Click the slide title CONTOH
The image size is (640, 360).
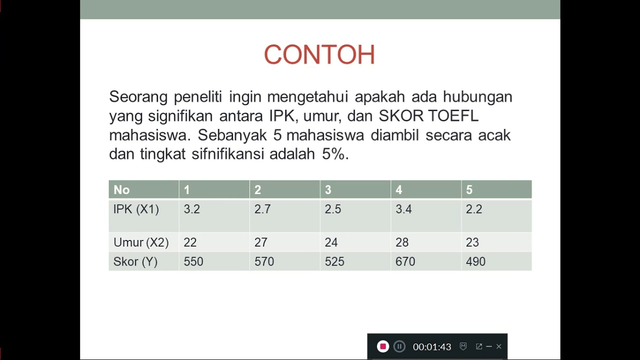(x=319, y=55)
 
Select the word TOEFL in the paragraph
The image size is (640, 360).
(x=453, y=116)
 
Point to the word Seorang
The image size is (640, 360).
(x=138, y=97)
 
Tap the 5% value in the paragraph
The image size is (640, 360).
(x=333, y=154)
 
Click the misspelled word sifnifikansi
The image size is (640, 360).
(x=227, y=154)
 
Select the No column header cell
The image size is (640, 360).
(x=121, y=190)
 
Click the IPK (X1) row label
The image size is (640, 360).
(x=136, y=209)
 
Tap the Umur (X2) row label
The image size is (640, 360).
(x=141, y=242)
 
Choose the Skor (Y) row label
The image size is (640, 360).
(x=135, y=262)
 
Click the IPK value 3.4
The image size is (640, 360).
(x=403, y=209)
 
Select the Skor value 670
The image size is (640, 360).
(x=405, y=262)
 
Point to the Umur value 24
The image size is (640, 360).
(x=331, y=242)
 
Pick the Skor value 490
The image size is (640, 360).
(x=475, y=262)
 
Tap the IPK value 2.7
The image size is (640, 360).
(x=262, y=209)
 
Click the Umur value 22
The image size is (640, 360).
(x=190, y=242)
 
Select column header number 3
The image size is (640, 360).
(x=328, y=190)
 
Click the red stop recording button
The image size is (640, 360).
(x=382, y=346)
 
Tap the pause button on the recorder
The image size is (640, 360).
(x=399, y=346)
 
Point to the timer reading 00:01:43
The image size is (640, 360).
(x=432, y=347)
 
